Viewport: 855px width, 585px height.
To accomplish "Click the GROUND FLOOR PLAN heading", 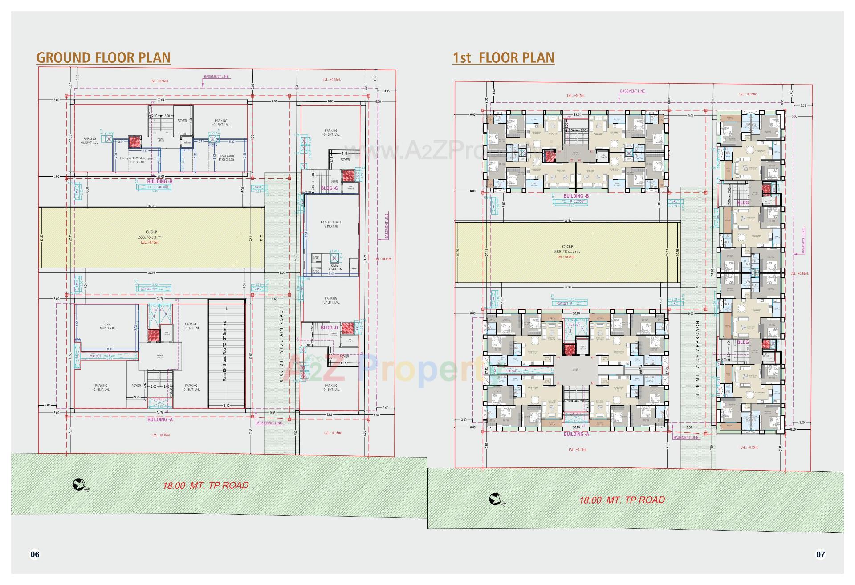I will click(103, 58).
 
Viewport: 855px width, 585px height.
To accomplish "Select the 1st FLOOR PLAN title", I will click(503, 58).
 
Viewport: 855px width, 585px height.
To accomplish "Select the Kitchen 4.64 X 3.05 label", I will click(335, 267).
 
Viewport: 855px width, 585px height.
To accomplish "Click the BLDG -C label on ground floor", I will click(330, 188).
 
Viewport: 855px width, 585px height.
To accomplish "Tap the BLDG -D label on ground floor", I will click(330, 328).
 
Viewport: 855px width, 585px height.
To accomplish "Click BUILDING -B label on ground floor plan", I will click(160, 182).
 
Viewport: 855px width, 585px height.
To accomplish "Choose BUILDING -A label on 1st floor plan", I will click(576, 434).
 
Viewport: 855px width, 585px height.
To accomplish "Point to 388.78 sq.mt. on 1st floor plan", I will click(568, 252).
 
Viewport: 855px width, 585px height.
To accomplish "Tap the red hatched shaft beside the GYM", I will click(153, 335).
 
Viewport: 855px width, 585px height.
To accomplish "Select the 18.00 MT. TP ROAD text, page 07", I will click(622, 500).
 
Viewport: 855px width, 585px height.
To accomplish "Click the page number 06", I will click(35, 554).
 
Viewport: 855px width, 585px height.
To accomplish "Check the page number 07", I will click(820, 554).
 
